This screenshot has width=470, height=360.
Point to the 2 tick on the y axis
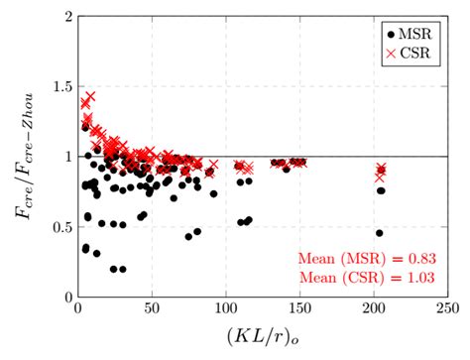pyautogui.click(x=67, y=17)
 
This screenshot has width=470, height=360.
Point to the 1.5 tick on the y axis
pyautogui.click(x=61, y=87)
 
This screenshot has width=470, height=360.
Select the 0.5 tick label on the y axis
pyautogui.click(x=61, y=227)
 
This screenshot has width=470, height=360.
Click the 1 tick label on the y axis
pyautogui.click(x=67, y=157)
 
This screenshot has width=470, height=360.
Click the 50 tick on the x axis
pyautogui.click(x=152, y=309)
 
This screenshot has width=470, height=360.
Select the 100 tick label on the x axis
pyautogui.click(x=225, y=309)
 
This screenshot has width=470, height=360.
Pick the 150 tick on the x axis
pyautogui.click(x=298, y=309)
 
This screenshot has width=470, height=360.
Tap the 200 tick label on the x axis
pyautogui.click(x=373, y=309)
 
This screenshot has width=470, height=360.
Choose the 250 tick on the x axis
pyautogui.click(x=446, y=309)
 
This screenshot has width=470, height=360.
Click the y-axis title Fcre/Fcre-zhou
pyautogui.click(x=23, y=157)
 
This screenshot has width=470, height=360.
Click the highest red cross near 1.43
pyautogui.click(x=90, y=96)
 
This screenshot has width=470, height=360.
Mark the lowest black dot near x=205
pyautogui.click(x=380, y=233)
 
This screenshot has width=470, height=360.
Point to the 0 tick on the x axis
pyautogui.click(x=78, y=309)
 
